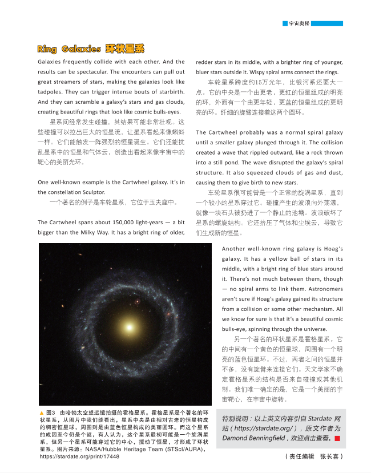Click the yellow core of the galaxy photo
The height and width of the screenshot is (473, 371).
[130, 327]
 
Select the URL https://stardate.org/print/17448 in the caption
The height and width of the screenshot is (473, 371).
[79, 457]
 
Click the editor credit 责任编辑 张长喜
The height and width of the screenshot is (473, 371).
[314, 456]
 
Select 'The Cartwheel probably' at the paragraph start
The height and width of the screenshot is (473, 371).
[228, 132]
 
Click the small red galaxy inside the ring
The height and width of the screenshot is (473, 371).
[136, 301]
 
